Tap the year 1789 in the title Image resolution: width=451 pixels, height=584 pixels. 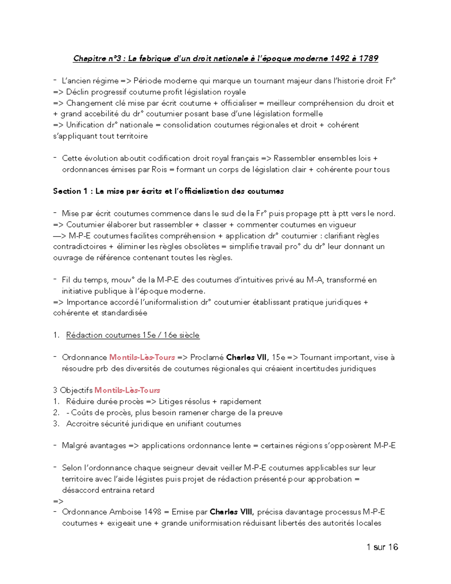[368, 58]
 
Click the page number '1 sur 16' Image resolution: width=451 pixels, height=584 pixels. [382, 547]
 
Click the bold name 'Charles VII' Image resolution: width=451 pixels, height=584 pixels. [247, 357]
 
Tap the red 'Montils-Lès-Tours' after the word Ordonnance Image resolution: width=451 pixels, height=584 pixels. [142, 357]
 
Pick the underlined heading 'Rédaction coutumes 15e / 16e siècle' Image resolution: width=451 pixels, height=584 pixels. [133, 335]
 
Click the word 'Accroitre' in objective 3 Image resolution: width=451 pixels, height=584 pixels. [80, 424]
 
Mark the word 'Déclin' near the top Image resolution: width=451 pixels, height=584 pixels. [77, 92]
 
